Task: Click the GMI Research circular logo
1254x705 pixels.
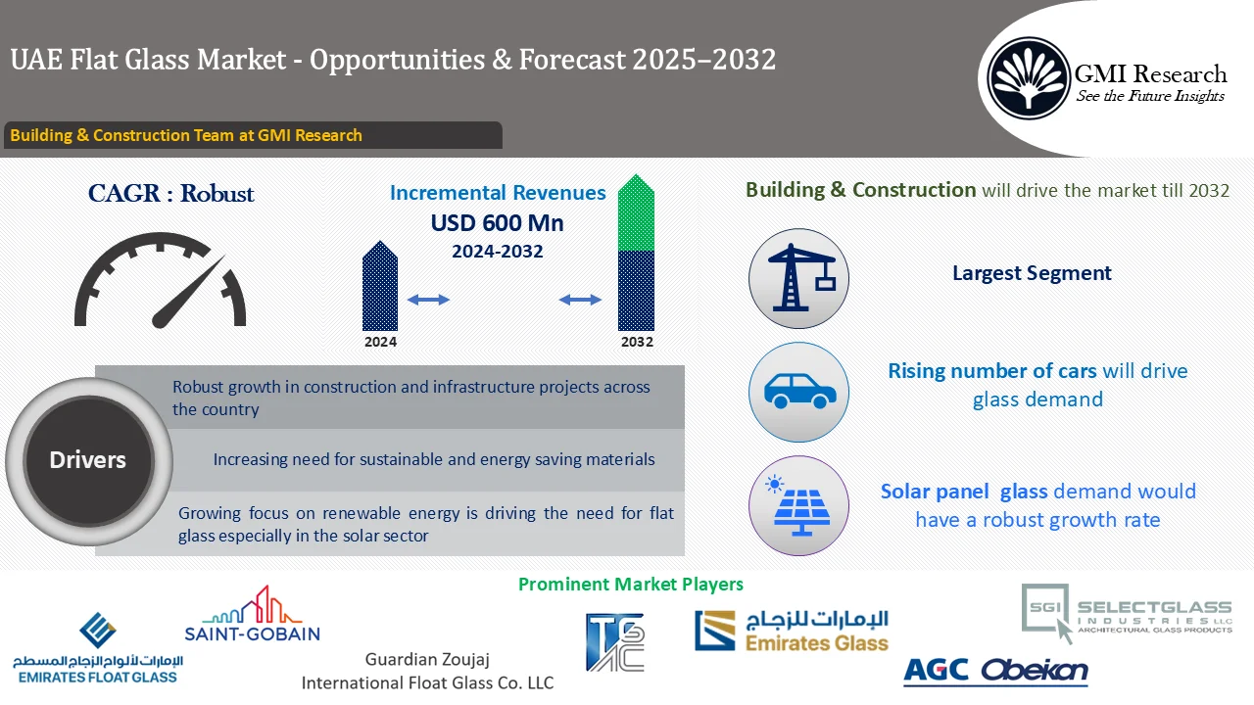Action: click(x=1028, y=77)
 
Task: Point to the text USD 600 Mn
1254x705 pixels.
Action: click(x=497, y=223)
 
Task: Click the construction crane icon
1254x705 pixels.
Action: click(x=798, y=279)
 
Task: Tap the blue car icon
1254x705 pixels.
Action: click(x=798, y=393)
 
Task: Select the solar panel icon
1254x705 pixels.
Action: click(x=798, y=505)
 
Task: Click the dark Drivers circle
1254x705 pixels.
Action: click(x=88, y=460)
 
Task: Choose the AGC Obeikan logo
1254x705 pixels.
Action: click(x=994, y=671)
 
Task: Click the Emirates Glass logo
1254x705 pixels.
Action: click(x=792, y=632)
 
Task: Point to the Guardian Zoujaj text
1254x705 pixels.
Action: click(x=427, y=660)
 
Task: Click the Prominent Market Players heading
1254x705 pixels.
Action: click(x=630, y=585)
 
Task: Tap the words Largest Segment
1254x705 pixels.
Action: click(x=1032, y=273)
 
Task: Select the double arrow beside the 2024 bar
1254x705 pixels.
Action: click(x=428, y=300)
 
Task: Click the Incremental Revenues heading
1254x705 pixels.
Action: click(x=498, y=193)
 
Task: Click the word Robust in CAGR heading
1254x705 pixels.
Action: click(x=217, y=194)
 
